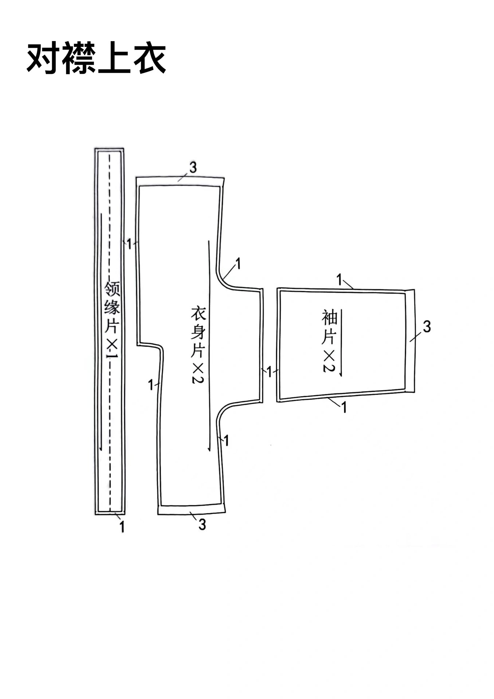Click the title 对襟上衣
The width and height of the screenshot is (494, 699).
click(97, 59)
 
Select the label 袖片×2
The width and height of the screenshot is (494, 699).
click(329, 341)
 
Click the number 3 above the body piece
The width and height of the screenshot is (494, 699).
click(193, 167)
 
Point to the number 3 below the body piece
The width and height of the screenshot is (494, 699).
click(202, 525)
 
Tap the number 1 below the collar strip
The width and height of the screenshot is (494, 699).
click(122, 527)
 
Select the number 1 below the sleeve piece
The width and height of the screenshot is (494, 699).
click(344, 407)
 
